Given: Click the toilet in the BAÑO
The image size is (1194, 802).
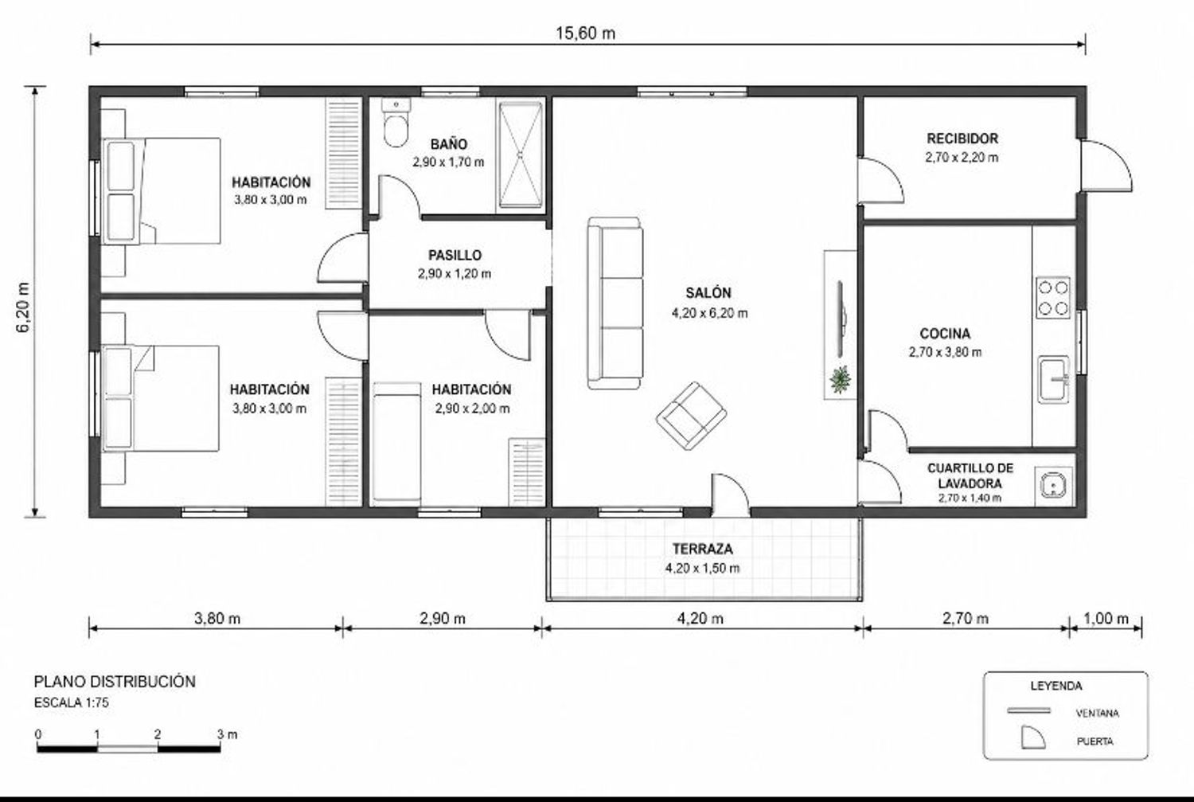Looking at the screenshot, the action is (396, 123).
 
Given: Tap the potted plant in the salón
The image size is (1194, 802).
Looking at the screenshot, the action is (841, 379).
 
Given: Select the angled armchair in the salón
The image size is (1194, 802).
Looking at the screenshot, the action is (692, 416).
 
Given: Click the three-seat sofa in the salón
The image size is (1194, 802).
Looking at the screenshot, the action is (615, 303).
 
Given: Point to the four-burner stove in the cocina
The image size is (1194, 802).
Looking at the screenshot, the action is (1053, 298).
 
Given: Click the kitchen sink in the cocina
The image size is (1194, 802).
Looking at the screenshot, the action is (1054, 379).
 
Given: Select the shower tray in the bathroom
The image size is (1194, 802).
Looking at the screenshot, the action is (521, 155).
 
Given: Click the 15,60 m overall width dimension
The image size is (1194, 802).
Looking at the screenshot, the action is (585, 33).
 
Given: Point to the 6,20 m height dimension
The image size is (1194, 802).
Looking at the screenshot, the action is (24, 307).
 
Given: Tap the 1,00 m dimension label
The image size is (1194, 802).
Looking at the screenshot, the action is (1106, 619).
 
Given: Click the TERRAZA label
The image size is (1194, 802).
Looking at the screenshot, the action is (703, 549).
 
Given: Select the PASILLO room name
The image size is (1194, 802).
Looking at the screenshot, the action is (455, 256).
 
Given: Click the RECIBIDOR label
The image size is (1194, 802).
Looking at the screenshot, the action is (962, 139).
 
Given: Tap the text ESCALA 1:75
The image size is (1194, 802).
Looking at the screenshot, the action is (72, 702).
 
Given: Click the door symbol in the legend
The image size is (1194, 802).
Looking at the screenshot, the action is (1032, 737).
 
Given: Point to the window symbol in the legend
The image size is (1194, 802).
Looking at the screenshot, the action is (1028, 711).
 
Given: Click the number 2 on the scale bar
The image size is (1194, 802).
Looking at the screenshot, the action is (158, 734).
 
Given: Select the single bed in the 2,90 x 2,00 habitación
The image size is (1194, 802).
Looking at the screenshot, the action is (396, 443).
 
